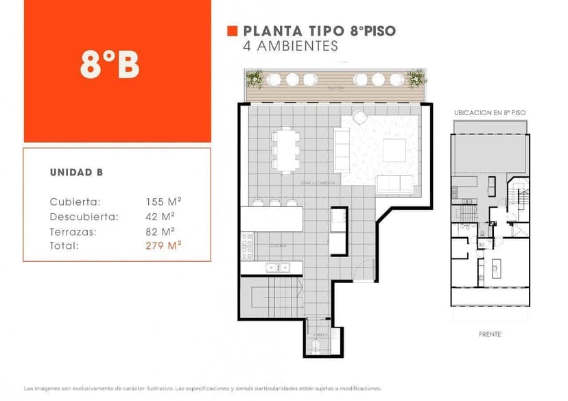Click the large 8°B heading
[x=110, y=65]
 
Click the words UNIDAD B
[x=76, y=173]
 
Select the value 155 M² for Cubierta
[x=163, y=202]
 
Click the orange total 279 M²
[x=163, y=245]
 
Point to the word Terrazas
[x=73, y=231]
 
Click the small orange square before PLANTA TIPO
[x=232, y=31]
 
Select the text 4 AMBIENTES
[x=291, y=47]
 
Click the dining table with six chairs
[x=286, y=149]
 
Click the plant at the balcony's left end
[x=255, y=79]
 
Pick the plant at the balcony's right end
[x=416, y=79]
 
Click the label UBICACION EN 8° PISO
[x=490, y=111]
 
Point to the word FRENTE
[x=490, y=335]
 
